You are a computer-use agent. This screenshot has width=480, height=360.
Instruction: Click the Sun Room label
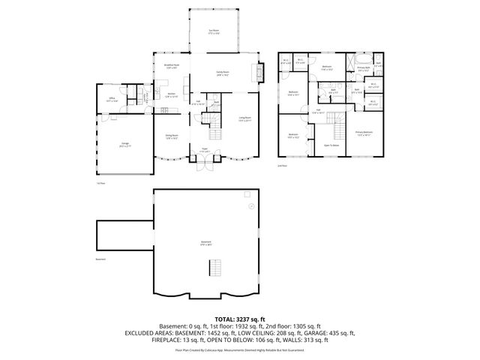pos(214,31)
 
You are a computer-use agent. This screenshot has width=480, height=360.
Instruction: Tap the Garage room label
pos(126,145)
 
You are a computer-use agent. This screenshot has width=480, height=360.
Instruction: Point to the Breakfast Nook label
pos(171,67)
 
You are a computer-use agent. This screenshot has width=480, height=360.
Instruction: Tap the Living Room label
pos(244,118)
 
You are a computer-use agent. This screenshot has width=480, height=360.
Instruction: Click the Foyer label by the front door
pos(203,150)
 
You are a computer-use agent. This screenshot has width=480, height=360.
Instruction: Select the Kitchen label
pos(171,94)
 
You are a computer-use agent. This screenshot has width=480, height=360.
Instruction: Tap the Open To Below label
pos(331,145)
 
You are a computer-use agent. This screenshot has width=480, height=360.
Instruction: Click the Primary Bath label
pos(363,68)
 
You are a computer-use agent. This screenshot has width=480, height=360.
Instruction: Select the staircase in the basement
pos(215,267)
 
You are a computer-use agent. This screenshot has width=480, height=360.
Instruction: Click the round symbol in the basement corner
pos(251,205)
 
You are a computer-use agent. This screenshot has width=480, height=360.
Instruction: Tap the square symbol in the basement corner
pos(247,193)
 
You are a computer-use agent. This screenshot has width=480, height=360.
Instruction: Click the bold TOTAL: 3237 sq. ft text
pos(239,319)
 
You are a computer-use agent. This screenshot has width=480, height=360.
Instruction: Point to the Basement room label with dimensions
pos(205,244)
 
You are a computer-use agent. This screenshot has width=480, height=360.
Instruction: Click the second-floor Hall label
pos(318,112)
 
